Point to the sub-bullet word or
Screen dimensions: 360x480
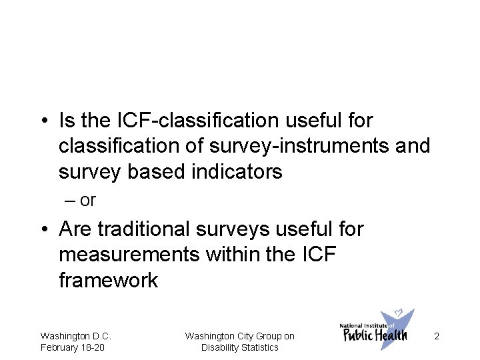(87, 200)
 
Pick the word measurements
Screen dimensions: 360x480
(124, 255)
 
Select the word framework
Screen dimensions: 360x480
(108, 280)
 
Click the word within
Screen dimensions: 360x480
(226, 255)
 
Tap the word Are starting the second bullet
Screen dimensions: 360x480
(74, 229)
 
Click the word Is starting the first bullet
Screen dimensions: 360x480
(66, 121)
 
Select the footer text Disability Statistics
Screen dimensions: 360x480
(240, 347)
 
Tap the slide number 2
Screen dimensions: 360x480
(436, 337)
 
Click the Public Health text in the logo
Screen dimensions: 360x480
(375, 335)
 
